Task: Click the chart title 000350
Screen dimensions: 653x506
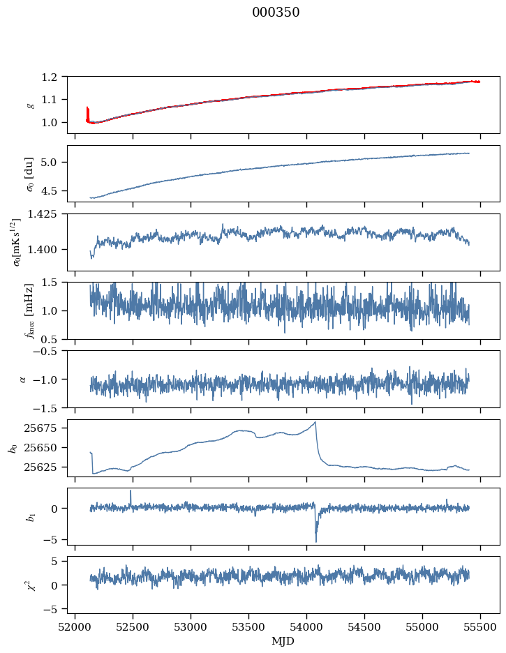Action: [276, 13]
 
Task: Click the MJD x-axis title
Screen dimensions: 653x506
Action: [283, 640]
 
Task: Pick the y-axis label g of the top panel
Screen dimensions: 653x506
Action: [30, 105]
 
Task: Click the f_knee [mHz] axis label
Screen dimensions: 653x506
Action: [30, 310]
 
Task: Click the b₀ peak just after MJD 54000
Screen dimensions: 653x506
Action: [315, 422]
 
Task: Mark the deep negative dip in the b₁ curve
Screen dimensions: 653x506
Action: [316, 541]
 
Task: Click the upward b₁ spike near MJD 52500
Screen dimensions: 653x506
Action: [131, 491]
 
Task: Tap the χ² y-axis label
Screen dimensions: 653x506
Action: [30, 585]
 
